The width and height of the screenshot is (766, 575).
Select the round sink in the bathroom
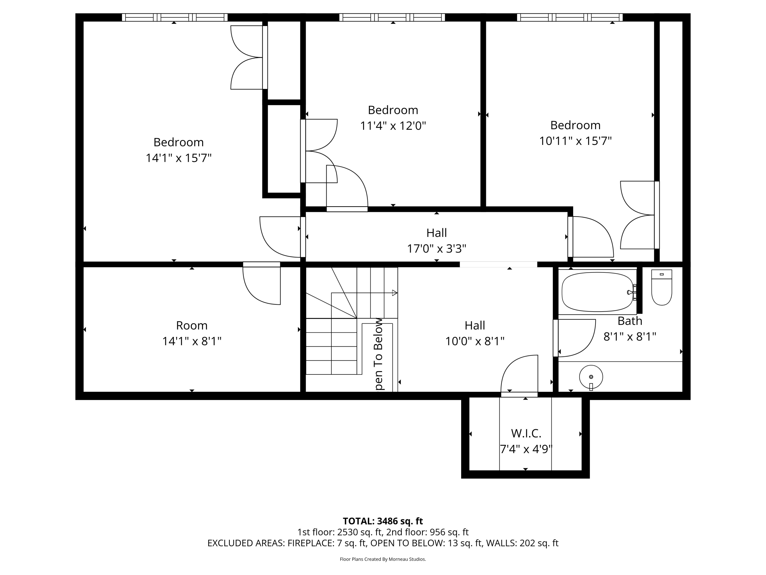[591, 377]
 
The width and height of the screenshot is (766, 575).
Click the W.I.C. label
[526, 433]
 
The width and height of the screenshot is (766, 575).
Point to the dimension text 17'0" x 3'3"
[436, 248]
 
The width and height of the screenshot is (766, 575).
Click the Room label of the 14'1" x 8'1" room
[192, 326]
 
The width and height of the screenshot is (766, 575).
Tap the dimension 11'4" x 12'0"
[393, 125]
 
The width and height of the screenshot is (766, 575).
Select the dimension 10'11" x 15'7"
[575, 141]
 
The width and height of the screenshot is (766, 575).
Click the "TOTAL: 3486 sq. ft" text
[383, 521]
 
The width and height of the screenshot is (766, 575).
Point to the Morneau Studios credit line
[383, 559]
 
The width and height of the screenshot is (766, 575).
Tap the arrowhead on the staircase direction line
[394, 293]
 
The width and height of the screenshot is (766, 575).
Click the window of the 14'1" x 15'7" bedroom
[175, 17]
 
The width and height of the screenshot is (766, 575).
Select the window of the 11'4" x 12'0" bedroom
[392, 17]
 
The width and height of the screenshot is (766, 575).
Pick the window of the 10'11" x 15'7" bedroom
[570, 17]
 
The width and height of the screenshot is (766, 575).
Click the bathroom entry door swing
[574, 338]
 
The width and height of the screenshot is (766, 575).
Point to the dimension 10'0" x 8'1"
[474, 341]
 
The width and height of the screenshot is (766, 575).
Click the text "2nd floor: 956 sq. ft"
[427, 532]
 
